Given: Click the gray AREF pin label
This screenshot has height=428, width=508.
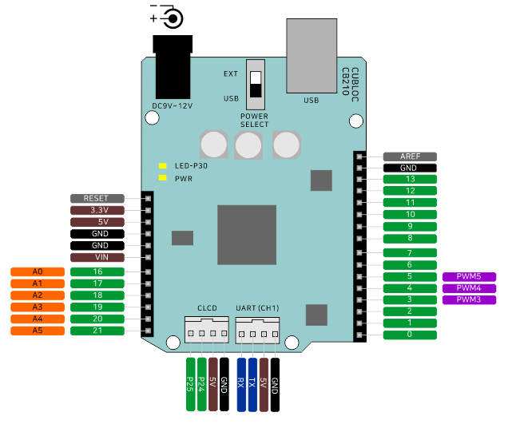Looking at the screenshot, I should pyautogui.click(x=410, y=157).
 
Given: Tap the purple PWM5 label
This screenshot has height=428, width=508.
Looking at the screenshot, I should pyautogui.click(x=469, y=276).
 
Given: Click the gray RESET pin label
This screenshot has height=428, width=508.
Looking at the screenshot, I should pyautogui.click(x=97, y=198).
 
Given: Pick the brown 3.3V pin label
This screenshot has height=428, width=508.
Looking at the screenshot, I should pyautogui.click(x=97, y=210).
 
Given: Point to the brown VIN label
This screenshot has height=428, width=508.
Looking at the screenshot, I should pyautogui.click(x=97, y=258).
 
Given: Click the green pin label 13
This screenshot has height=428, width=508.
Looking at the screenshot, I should pyautogui.click(x=410, y=180).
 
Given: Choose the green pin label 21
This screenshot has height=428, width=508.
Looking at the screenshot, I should pyautogui.click(x=97, y=330).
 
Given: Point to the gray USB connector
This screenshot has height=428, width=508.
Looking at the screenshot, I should pyautogui.click(x=312, y=55).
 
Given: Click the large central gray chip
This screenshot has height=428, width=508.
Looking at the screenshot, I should pyautogui.click(x=247, y=235).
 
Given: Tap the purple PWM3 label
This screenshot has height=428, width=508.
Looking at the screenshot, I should pyautogui.click(x=469, y=299).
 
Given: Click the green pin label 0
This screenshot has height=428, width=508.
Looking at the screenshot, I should pyautogui.click(x=410, y=335).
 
